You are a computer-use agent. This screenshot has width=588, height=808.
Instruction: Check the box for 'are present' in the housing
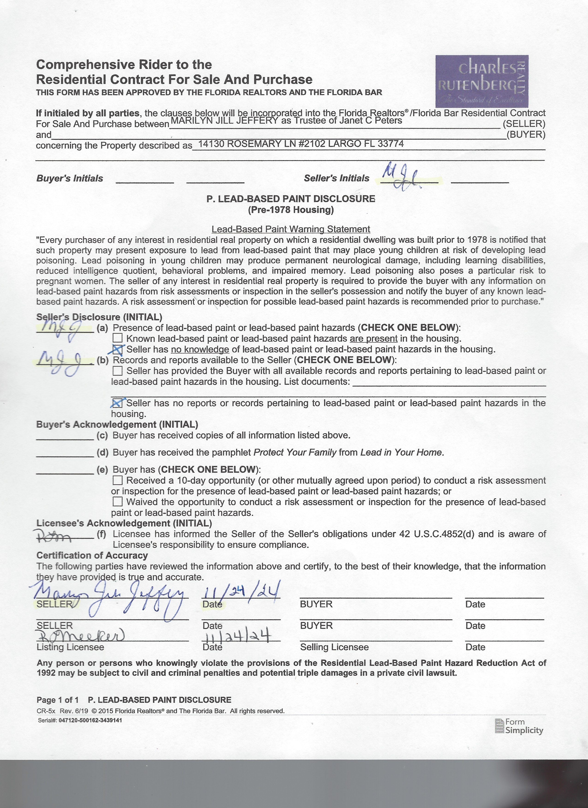[117, 338]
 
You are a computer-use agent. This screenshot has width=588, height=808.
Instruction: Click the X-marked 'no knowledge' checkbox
[118, 349]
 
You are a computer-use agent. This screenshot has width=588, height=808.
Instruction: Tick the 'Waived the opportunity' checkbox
[117, 502]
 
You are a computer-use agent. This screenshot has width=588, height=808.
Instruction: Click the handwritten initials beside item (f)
[53, 535]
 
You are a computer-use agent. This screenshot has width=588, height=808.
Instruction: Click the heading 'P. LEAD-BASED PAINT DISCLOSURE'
[291, 199]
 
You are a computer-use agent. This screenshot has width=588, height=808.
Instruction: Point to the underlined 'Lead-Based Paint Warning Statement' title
[291, 229]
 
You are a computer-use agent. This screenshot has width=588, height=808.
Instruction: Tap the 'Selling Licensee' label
[334, 647]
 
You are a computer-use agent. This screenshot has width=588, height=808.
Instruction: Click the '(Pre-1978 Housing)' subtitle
[291, 210]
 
